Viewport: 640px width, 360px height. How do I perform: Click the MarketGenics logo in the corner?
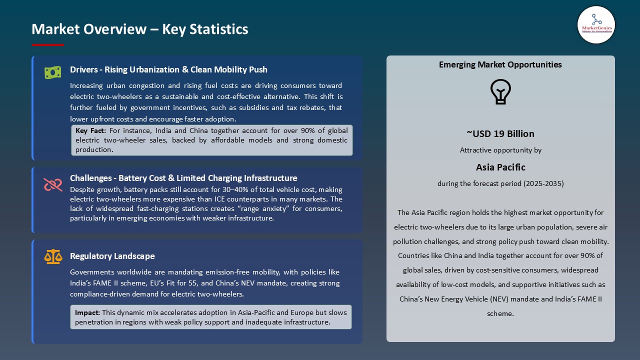[x=596, y=24]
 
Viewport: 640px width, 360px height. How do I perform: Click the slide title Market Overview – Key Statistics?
[x=139, y=29]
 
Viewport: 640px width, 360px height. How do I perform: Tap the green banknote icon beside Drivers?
[x=52, y=72]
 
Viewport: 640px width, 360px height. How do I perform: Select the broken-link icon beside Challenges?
[x=52, y=184]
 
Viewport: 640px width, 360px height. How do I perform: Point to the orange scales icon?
[x=52, y=256]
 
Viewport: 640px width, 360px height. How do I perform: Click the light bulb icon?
[x=500, y=92]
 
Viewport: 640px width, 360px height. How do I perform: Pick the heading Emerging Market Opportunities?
[x=500, y=64]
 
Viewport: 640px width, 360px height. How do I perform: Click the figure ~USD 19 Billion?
[x=500, y=133]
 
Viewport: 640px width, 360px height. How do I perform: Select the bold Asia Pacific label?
[x=500, y=167]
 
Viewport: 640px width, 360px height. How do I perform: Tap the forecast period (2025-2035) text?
[x=500, y=183]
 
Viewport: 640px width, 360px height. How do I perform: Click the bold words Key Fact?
[x=91, y=131]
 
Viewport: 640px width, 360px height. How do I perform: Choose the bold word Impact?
[x=87, y=312]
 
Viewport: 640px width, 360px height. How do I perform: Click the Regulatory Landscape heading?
[x=112, y=256]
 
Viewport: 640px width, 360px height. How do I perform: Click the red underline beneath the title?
[x=48, y=45]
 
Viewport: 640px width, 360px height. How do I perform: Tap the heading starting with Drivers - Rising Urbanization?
[x=168, y=69]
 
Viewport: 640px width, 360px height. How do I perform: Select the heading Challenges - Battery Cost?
[x=183, y=178]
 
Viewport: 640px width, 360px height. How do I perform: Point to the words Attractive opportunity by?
[x=500, y=150]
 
